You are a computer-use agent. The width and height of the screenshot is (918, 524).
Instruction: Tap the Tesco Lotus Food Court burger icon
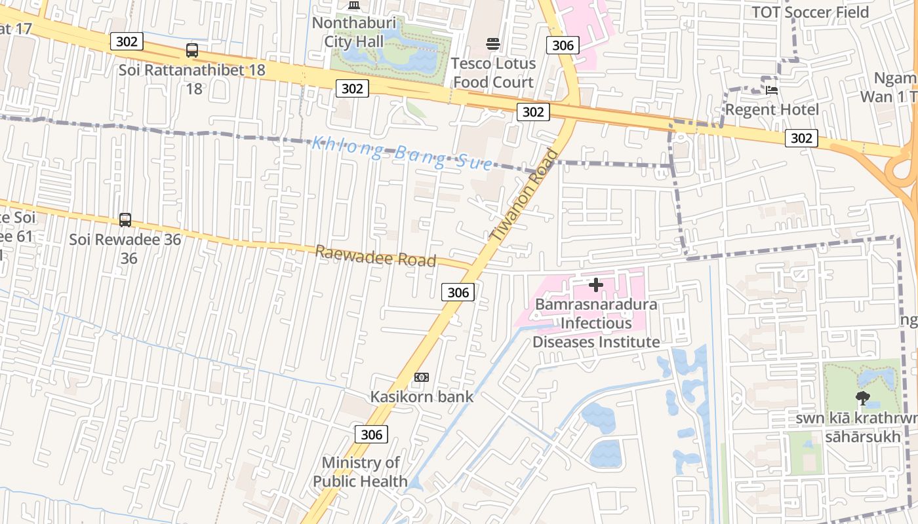493,43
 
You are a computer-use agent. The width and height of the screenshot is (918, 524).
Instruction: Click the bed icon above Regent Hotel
772,90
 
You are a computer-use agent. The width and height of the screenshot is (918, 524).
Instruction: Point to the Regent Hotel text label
772,109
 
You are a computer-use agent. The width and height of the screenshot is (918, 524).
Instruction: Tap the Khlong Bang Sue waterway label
401,152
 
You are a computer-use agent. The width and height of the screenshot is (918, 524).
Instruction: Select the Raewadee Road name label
376,256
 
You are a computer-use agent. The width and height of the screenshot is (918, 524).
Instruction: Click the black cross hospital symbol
595,285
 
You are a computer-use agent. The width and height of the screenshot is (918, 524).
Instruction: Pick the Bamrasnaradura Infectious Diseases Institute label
595,323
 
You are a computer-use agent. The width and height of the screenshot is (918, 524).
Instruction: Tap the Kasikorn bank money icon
422,377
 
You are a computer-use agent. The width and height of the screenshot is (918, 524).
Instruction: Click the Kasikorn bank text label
422,396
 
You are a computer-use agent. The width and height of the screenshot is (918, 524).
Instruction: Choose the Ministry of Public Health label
360,472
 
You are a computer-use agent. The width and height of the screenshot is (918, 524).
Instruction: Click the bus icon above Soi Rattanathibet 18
192,50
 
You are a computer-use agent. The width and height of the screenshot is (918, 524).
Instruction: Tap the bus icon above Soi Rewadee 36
125,220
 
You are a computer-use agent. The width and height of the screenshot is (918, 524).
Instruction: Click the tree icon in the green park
863,397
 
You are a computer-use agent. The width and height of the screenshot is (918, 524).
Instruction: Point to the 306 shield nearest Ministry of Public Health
371,434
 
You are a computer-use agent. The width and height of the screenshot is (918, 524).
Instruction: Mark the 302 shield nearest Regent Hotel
801,138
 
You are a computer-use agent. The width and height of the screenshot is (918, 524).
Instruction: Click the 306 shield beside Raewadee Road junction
458,292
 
